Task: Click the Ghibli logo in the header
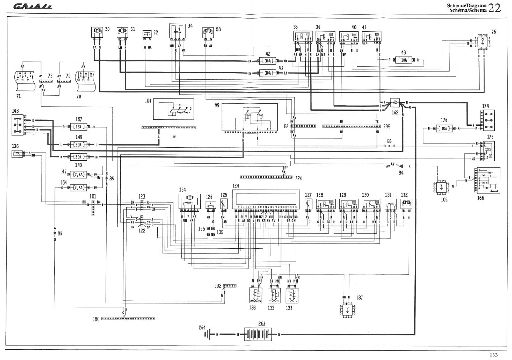33,7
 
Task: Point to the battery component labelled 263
257,334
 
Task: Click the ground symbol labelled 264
208,334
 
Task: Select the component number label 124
235,185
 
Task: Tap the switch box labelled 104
174,110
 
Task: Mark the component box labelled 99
249,116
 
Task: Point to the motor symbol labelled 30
96,31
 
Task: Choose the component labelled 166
486,180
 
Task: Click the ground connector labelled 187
347,311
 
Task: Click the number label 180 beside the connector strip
95,319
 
